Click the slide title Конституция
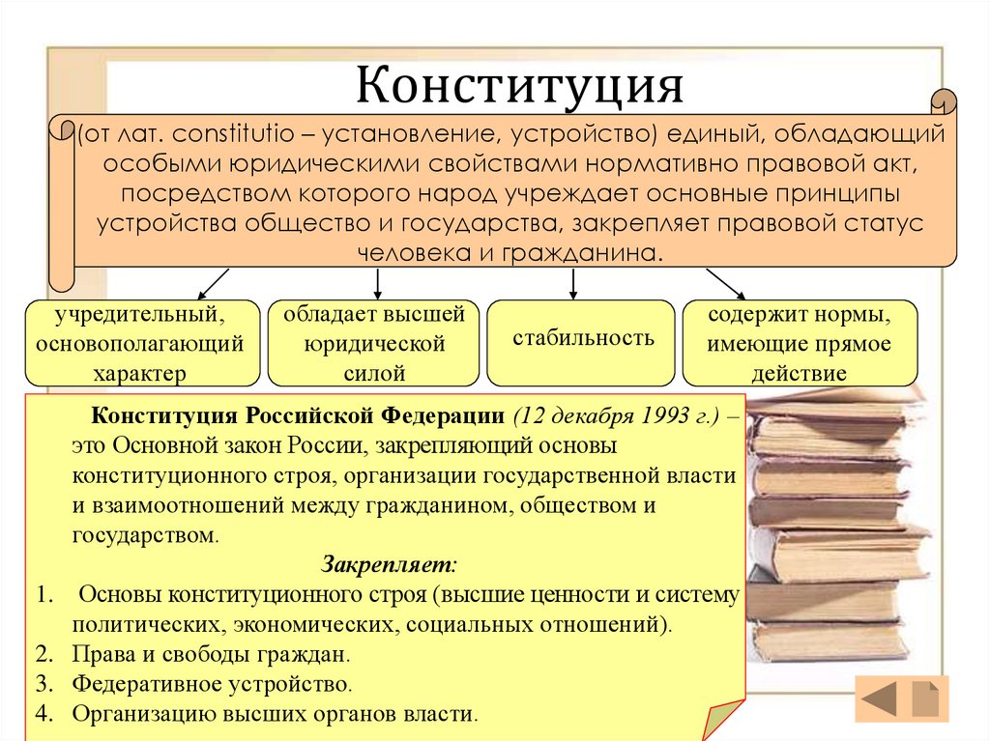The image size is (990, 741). (x=521, y=86)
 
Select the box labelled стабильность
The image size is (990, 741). (x=582, y=339)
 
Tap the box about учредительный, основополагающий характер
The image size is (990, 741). (x=142, y=343)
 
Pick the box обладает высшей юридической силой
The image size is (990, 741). (x=373, y=343)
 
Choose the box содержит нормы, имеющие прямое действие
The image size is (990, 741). (x=800, y=343)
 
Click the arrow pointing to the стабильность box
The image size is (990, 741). (x=574, y=283)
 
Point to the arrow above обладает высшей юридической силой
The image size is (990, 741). (x=377, y=283)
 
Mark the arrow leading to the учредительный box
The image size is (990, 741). (x=212, y=284)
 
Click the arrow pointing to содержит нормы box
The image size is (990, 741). (x=725, y=284)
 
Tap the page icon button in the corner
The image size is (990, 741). (x=925, y=699)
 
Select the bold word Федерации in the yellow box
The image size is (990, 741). (x=441, y=416)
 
